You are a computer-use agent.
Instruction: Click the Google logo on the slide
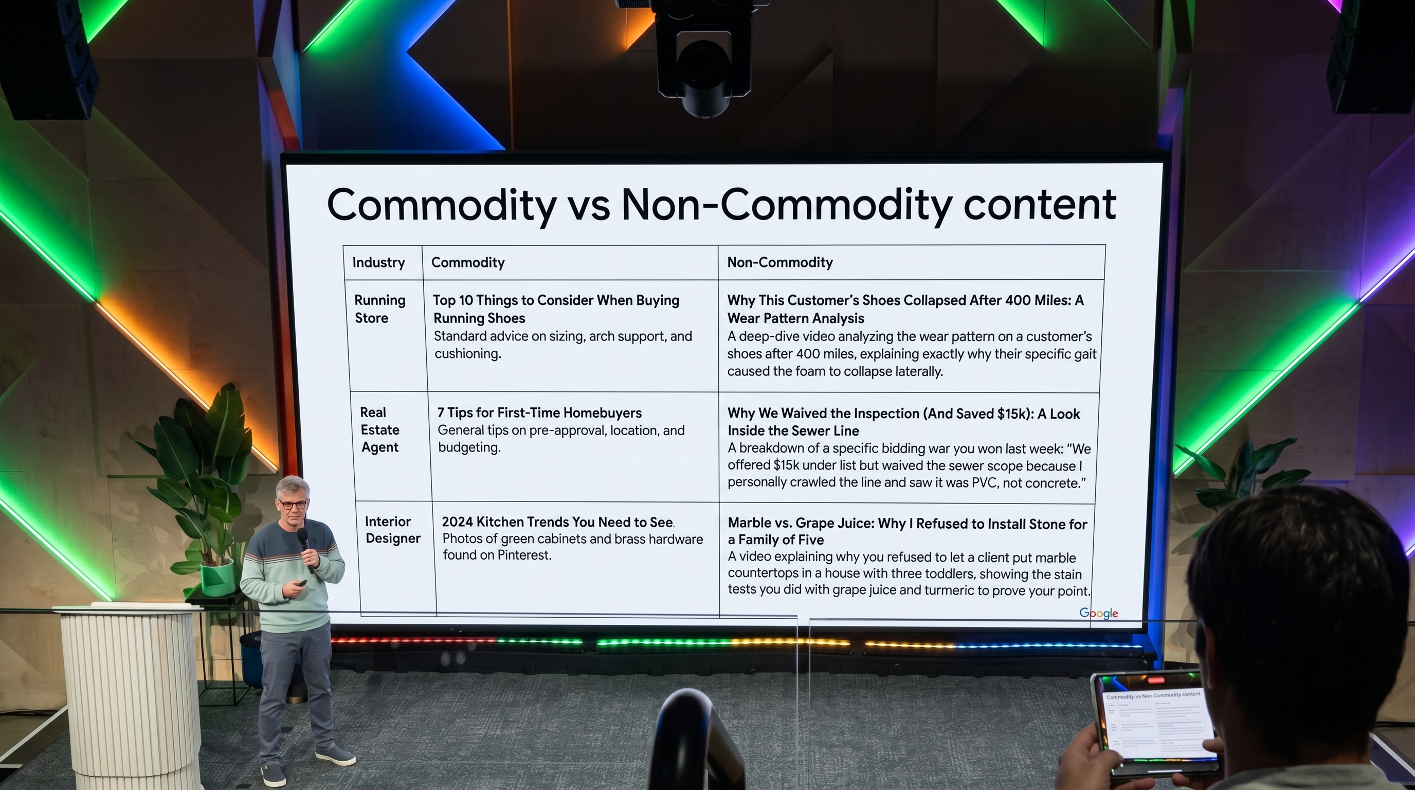tap(1099, 613)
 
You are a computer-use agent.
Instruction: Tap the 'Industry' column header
tap(378, 263)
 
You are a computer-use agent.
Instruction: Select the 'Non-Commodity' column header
tap(780, 262)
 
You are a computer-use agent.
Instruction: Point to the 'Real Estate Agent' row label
tap(379, 429)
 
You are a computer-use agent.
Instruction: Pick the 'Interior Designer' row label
tap(392, 530)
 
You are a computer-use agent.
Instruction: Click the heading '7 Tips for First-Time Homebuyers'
tap(539, 412)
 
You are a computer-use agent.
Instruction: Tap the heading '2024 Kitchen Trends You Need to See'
tap(557, 522)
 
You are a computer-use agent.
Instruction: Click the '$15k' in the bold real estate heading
tap(1011, 414)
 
